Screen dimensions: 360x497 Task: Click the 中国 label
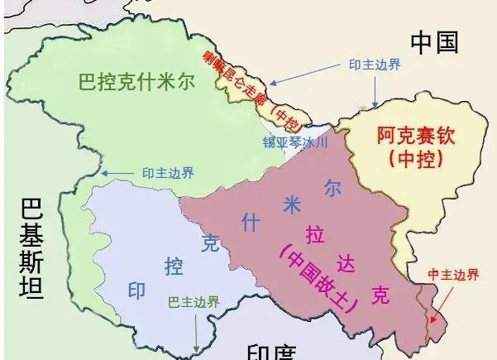pyautogui.click(x=434, y=42)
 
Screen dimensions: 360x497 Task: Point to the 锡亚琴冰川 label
pyautogui.click(x=295, y=142)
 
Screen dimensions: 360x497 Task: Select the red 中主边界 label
pyautogui.click(x=452, y=274)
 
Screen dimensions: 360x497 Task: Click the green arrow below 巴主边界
pyautogui.click(x=196, y=331)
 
